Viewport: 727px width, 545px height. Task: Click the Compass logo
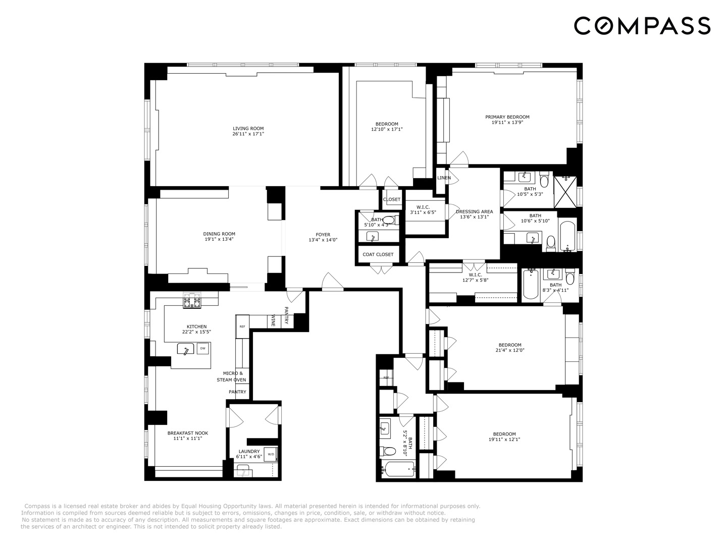pos(642,26)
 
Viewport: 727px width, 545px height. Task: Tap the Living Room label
pos(248,128)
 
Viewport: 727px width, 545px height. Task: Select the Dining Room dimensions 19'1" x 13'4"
pos(219,239)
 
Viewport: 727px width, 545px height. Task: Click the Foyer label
pos(323,235)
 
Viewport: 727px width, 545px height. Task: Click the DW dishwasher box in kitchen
pos(203,348)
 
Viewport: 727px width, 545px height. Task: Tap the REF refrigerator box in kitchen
pos(242,326)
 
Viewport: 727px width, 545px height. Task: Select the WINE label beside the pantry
pos(274,320)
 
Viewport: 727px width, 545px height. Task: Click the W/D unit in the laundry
pos(271,454)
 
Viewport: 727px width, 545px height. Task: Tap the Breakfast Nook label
pos(188,433)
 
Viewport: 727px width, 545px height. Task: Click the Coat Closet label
pos(378,254)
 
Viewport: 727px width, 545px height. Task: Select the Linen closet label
pos(444,178)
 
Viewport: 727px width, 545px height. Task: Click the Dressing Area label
pos(474,212)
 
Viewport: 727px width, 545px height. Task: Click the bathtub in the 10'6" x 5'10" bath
pos(567,236)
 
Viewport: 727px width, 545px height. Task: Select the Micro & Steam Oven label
pos(232,376)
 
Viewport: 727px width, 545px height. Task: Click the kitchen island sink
pos(186,349)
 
